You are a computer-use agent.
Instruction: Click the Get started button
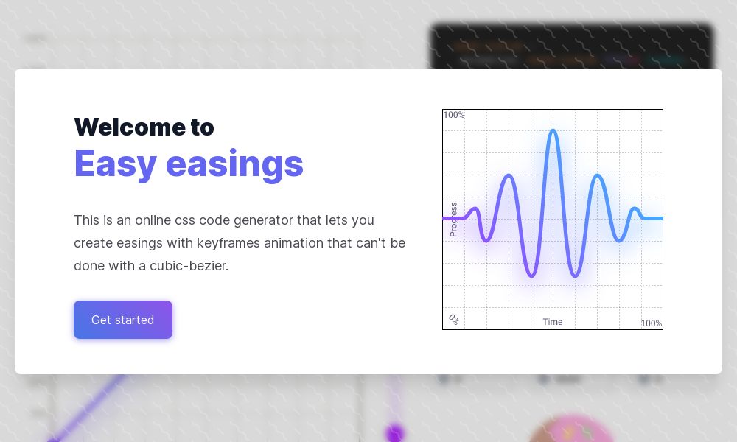123,320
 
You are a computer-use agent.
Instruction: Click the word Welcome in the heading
119,127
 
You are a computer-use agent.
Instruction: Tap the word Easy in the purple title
115,164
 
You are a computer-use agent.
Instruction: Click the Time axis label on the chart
553,322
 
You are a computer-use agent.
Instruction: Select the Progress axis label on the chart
453,219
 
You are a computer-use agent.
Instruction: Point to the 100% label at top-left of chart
454,115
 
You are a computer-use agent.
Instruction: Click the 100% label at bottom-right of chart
651,323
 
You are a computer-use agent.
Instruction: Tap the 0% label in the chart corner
453,319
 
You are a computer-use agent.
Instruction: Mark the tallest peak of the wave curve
553,131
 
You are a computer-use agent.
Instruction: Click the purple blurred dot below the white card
395,432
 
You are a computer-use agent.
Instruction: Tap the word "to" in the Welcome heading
202,127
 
